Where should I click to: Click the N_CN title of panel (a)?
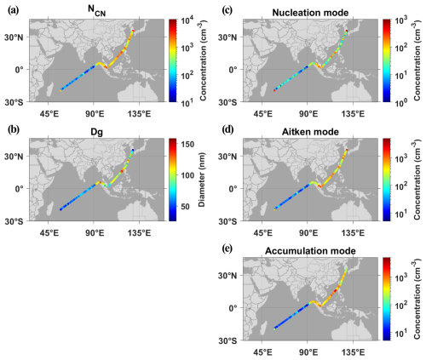tap(96, 11)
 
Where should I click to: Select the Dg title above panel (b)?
tap(96, 132)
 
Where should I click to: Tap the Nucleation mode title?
tap(310, 13)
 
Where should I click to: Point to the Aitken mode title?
tap(310, 132)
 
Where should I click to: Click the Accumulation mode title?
tap(310, 251)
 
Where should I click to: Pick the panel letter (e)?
tap(227, 249)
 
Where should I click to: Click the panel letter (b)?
tap(13, 129)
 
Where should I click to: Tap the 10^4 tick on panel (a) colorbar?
tap(187, 21)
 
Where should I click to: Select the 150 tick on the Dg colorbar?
tap(187, 144)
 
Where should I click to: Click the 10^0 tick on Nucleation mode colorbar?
tap(401, 103)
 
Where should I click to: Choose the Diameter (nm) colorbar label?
tap(202, 180)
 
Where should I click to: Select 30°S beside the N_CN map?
tap(14, 102)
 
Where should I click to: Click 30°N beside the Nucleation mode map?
tap(227, 37)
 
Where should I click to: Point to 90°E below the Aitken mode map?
tap(308, 233)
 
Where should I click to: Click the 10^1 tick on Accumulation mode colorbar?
tap(401, 332)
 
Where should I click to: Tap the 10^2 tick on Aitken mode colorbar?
tap(401, 186)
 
